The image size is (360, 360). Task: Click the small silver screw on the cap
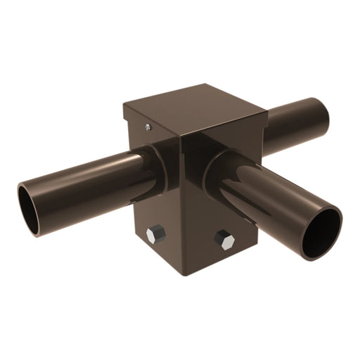click(x=148, y=127)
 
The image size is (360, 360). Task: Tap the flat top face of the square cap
click(x=193, y=105)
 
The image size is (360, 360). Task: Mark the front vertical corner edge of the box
click(x=181, y=204)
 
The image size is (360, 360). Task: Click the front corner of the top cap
click(x=181, y=134)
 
